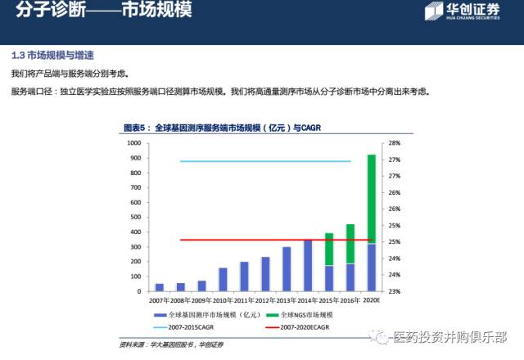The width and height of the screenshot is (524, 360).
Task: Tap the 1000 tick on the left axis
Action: [133, 143]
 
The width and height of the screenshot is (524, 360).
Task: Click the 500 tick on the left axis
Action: [135, 217]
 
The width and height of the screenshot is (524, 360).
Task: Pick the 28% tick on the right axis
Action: [394, 143]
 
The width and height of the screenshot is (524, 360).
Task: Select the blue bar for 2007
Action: [160, 287]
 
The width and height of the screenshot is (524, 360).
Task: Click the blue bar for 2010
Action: [223, 279]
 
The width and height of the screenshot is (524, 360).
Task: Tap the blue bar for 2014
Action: [308, 265]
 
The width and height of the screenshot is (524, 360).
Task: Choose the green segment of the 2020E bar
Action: [371, 199]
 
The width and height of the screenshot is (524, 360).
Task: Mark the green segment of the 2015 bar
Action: [329, 249]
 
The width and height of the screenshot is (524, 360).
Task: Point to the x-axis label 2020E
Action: [371, 299]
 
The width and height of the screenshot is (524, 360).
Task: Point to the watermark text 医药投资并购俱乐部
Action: [450, 336]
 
